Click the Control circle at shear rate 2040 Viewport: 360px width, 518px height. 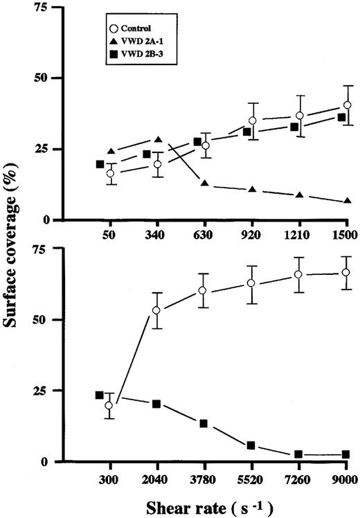coord(156,310)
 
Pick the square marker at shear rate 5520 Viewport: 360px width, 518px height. coord(251,445)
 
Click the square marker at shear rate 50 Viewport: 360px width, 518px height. coord(100,164)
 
